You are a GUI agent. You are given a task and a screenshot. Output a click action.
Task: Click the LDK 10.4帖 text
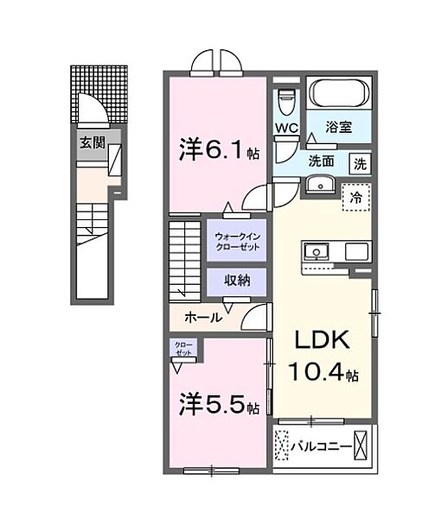324,357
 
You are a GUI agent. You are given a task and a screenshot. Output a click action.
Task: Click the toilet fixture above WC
287,102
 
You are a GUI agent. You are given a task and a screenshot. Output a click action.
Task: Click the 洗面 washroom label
324,161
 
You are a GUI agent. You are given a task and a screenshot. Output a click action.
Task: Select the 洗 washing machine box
358,161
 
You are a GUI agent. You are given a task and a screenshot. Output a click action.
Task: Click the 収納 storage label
236,281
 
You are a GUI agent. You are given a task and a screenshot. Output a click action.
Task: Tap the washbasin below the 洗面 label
320,184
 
